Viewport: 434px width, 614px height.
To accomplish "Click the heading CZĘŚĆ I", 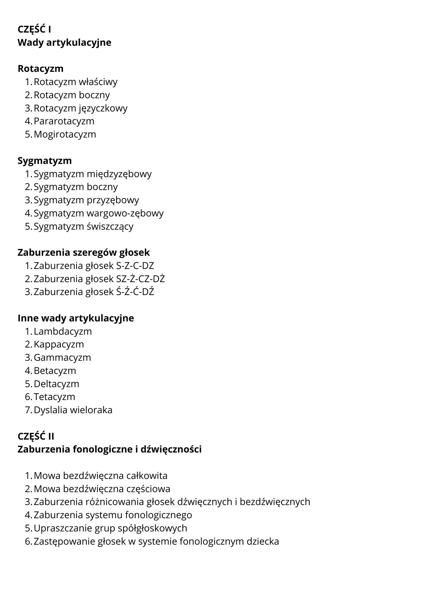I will coord(34,29).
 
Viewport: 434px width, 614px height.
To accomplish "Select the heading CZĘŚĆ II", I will coord(36,436).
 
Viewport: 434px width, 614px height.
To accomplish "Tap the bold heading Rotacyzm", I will coord(41,68).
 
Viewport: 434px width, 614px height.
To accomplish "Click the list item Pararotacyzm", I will coord(64,121).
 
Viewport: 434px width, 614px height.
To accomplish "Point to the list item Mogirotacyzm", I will coord(65,134).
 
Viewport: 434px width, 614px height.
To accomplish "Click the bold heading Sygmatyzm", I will coord(45,161).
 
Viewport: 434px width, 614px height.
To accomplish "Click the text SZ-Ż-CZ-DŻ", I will coord(141,279).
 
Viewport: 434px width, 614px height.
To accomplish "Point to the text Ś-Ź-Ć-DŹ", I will coord(135,292).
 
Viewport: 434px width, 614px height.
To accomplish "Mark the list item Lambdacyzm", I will coord(63,331).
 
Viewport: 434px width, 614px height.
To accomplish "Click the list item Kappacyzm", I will coord(59,344).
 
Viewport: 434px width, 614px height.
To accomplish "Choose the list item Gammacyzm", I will coord(62,357).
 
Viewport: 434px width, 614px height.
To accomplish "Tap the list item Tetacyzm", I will coord(54,397).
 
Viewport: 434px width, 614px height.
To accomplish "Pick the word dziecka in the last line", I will coord(263,541).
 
